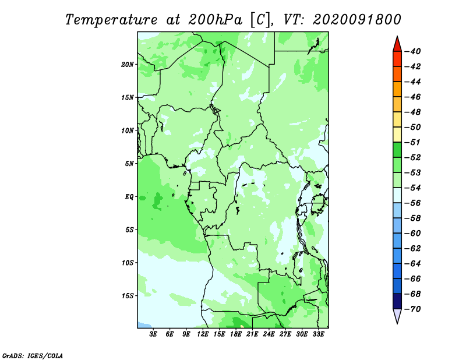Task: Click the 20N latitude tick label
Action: (128, 65)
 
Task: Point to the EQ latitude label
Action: (129, 197)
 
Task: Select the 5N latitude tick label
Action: (129, 164)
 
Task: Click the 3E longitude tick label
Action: (153, 334)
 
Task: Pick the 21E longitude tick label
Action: (252, 334)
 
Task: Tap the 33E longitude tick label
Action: (318, 334)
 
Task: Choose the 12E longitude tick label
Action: (203, 334)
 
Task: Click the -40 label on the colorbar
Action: (413, 51)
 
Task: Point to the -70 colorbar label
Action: (413, 309)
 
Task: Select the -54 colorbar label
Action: (413, 188)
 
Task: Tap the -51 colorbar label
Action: (413, 142)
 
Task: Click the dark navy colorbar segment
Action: (397, 301)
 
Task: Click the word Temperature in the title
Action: (111, 20)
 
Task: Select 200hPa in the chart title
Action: (215, 20)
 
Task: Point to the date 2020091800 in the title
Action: (357, 20)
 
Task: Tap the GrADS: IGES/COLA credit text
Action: (33, 356)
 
